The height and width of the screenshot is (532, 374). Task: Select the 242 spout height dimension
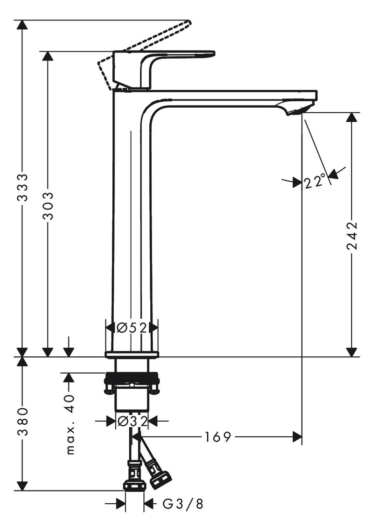pos(352,236)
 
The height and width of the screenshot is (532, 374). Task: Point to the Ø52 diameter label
pos(132,328)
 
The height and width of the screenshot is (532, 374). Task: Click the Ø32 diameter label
pos(132,421)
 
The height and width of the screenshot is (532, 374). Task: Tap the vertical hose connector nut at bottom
pos(135,484)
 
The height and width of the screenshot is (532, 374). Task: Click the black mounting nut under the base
pos(132,379)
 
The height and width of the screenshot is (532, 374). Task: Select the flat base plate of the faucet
pos(132,354)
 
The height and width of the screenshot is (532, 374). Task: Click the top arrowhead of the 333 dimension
pos(20,25)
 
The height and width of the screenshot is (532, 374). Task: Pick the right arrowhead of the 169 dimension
pos(297,437)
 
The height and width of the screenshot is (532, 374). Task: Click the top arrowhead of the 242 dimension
pos(351,118)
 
